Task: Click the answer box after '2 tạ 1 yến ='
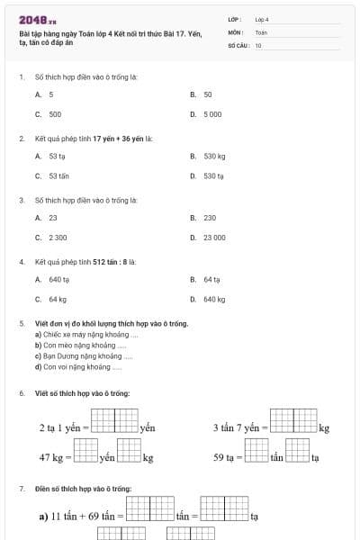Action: point(114,420)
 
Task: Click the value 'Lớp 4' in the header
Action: point(262,19)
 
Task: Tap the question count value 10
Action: point(258,44)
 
